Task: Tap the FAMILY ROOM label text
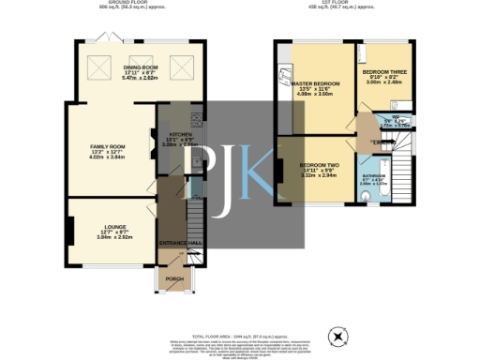click(107, 147)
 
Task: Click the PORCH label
click(173, 277)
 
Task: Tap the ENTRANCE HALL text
click(180, 243)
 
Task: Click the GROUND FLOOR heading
click(132, 3)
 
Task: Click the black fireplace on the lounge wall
click(69, 231)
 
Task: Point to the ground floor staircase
click(194, 225)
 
